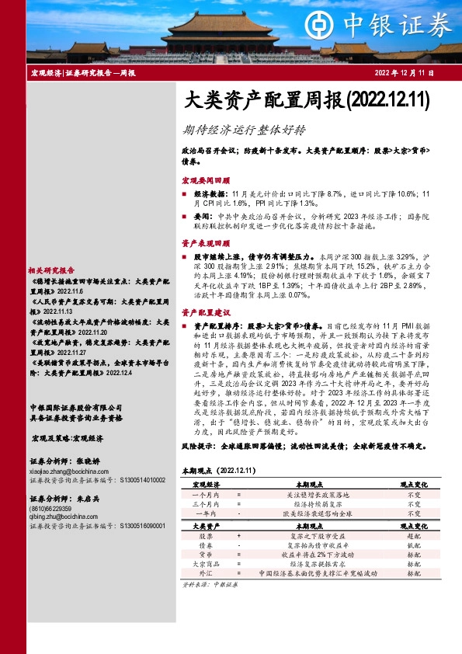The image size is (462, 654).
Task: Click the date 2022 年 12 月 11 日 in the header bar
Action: [405, 72]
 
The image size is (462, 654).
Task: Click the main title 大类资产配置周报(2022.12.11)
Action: [307, 99]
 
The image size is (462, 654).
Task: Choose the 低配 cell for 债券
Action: [415, 546]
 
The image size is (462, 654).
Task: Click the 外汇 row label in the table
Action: [206, 574]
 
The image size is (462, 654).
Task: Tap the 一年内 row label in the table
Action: [206, 513]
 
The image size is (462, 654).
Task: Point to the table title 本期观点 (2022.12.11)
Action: [218, 471]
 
